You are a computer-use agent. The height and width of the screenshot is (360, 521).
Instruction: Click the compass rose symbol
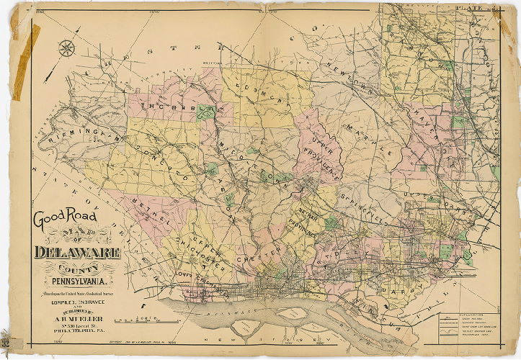(68, 49)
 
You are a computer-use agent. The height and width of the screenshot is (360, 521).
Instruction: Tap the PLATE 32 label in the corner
(475, 8)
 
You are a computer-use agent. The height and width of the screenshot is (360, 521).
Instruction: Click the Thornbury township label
(174, 109)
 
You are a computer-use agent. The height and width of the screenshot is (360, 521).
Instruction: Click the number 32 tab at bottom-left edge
(6, 345)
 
